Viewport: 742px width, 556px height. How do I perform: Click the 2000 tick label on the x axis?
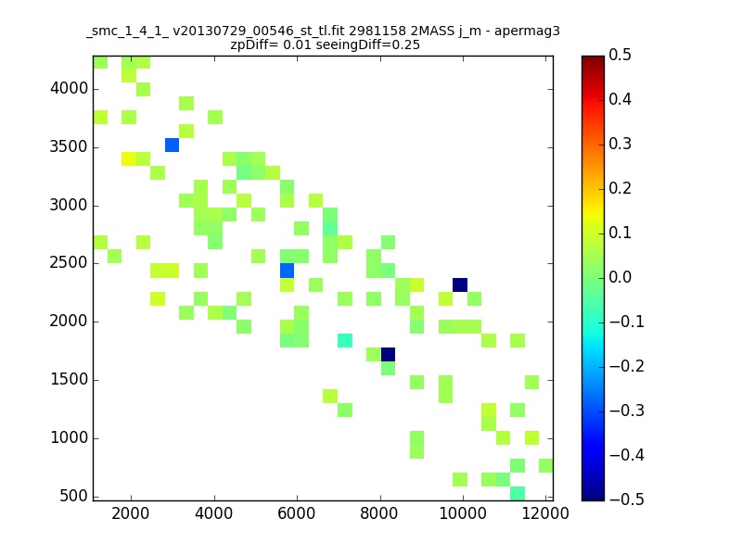point(131,513)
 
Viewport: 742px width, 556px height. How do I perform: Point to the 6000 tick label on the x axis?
point(297,513)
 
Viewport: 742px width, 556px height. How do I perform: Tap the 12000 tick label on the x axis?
point(545,513)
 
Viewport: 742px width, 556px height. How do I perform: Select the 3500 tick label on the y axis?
point(69,146)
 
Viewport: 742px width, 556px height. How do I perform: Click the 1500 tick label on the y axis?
point(69,379)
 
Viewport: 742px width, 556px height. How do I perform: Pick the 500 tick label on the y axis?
point(74,496)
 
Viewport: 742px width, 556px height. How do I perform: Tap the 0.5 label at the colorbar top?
point(620,55)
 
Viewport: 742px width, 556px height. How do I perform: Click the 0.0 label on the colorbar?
point(620,277)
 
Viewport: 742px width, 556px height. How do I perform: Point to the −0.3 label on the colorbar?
point(627,411)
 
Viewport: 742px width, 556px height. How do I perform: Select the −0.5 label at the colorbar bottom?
point(627,499)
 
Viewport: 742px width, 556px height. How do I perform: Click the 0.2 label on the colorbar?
point(620,188)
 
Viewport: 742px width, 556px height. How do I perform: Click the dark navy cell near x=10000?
point(460,285)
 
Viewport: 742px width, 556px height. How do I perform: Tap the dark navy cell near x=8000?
point(388,355)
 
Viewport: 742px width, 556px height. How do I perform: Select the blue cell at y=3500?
point(172,145)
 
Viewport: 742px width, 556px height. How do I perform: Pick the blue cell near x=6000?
point(287,271)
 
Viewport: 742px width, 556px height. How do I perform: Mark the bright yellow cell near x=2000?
point(129,158)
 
